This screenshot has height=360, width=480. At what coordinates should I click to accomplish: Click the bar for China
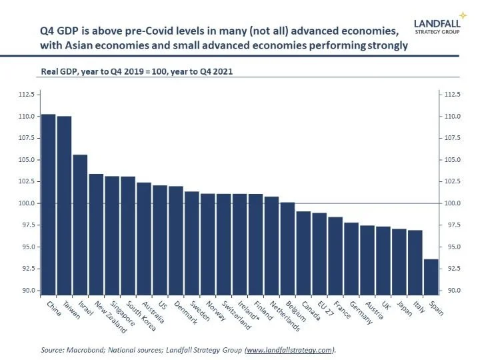point(48,204)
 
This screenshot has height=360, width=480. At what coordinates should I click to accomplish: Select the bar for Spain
point(431,277)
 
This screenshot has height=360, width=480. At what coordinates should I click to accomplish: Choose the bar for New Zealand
point(96,234)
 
